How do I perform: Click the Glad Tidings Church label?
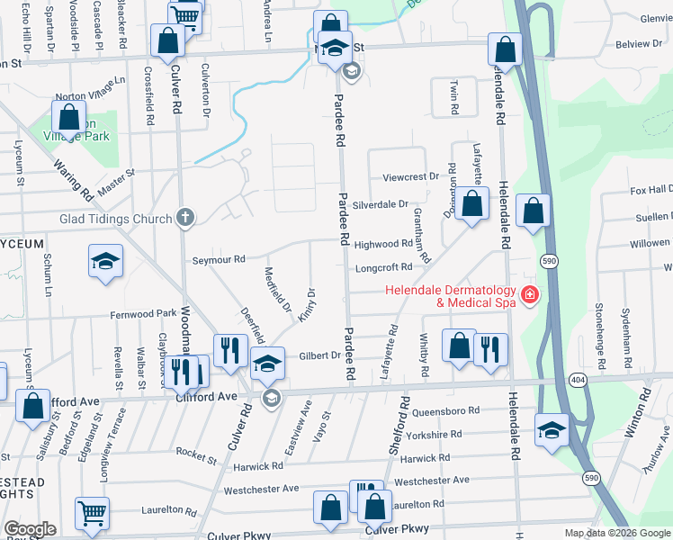click(115, 219)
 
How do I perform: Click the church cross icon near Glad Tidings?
click(184, 217)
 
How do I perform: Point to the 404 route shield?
click(575, 382)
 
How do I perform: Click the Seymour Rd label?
click(219, 260)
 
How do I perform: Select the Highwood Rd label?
click(383, 245)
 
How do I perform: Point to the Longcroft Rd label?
click(383, 267)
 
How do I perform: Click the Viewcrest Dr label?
click(409, 177)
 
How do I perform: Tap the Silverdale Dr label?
click(381, 204)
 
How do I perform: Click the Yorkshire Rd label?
click(434, 434)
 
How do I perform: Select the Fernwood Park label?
click(143, 314)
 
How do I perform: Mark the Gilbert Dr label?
click(320, 355)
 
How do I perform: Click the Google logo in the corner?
click(30, 529)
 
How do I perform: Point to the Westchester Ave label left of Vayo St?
click(261, 490)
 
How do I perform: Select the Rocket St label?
click(197, 454)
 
